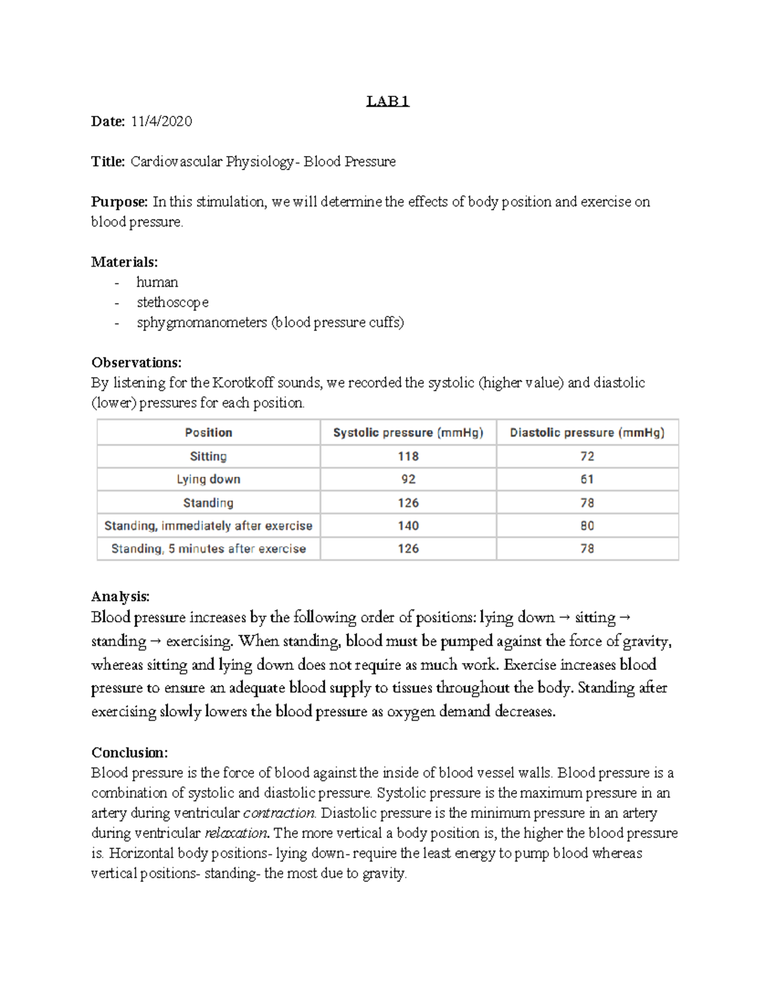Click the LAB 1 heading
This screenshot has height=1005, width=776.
[x=387, y=102]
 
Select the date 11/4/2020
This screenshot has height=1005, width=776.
[x=162, y=122]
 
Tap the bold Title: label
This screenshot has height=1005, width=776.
[x=108, y=162]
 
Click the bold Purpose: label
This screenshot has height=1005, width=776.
[x=120, y=202]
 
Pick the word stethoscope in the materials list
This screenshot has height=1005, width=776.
[x=173, y=302]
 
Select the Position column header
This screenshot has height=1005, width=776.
[x=208, y=432]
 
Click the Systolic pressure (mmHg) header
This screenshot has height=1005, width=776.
[x=408, y=432]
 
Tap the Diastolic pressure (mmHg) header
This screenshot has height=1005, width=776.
[x=587, y=432]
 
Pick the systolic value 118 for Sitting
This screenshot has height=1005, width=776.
[x=408, y=456]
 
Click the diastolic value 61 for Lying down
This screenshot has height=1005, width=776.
[x=587, y=480]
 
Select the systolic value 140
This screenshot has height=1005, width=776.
[x=408, y=525]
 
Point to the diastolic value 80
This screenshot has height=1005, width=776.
[x=587, y=525]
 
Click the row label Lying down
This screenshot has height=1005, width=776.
[x=208, y=480]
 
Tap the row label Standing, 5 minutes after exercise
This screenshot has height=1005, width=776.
[x=208, y=549]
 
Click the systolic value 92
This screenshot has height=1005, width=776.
[x=408, y=480]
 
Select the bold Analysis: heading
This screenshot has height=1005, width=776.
[x=120, y=596]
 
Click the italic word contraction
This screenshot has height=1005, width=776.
[x=279, y=813]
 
